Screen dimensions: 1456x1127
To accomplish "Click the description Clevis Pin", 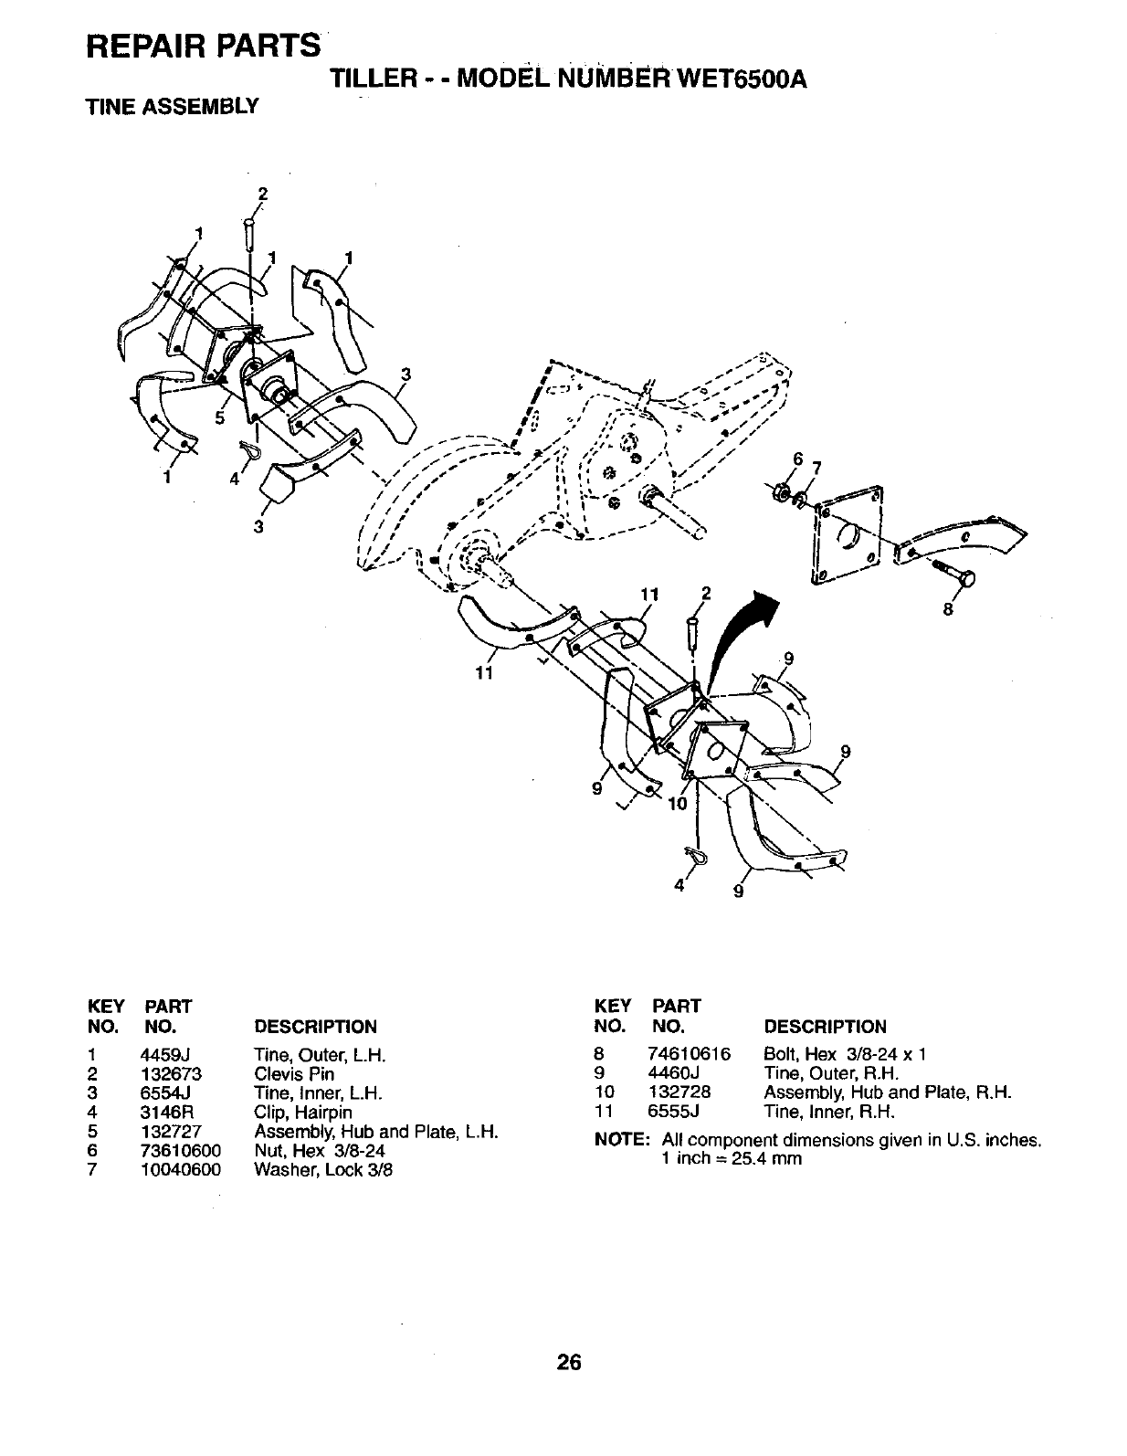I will [294, 1074].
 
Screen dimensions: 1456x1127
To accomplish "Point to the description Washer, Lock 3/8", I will [323, 1170].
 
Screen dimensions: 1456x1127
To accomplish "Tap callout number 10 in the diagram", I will [676, 805].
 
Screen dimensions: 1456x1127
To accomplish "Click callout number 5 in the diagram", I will [219, 418].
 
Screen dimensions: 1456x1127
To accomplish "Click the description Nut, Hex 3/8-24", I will [320, 1151].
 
